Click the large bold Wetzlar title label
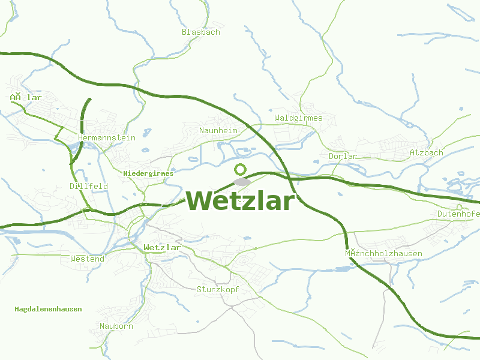(x=241, y=201)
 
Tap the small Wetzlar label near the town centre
(x=162, y=247)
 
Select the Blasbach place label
(x=201, y=32)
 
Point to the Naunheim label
(x=218, y=130)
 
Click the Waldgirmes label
(x=298, y=118)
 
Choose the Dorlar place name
(x=343, y=156)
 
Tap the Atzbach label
(x=426, y=152)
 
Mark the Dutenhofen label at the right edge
(x=458, y=214)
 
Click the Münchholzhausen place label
(x=383, y=253)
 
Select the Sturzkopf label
(x=218, y=289)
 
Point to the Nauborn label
(x=116, y=326)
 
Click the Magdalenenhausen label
(x=48, y=309)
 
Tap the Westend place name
(x=87, y=259)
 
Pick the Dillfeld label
(x=89, y=186)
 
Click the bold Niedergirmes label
(x=148, y=173)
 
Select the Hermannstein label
(x=107, y=137)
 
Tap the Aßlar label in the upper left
(x=26, y=97)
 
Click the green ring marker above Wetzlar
(x=241, y=169)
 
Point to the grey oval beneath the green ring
(x=241, y=181)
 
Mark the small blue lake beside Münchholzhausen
(x=342, y=268)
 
